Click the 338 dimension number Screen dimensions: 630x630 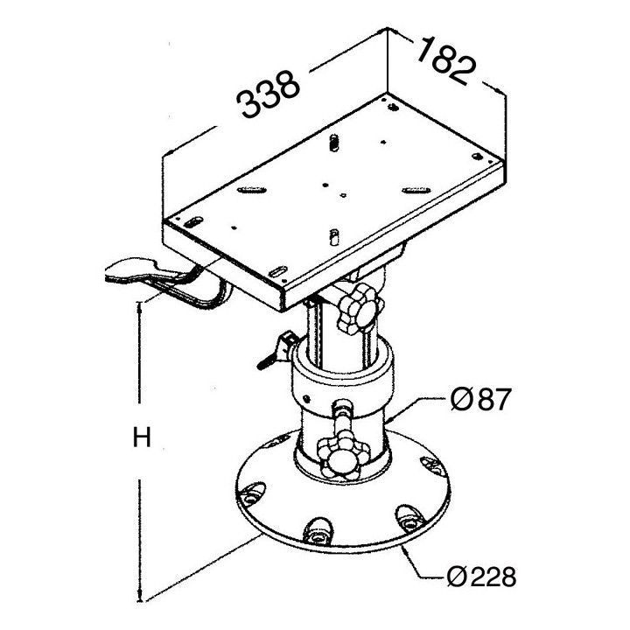click(268, 94)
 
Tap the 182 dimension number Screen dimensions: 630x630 click(446, 60)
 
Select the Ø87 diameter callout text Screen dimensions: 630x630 click(480, 399)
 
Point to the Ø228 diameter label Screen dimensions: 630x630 click(481, 577)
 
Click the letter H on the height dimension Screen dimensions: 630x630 click(142, 437)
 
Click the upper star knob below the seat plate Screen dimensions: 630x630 click(359, 310)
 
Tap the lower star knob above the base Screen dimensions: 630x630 click(343, 455)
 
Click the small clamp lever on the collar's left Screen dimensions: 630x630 click(276, 350)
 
